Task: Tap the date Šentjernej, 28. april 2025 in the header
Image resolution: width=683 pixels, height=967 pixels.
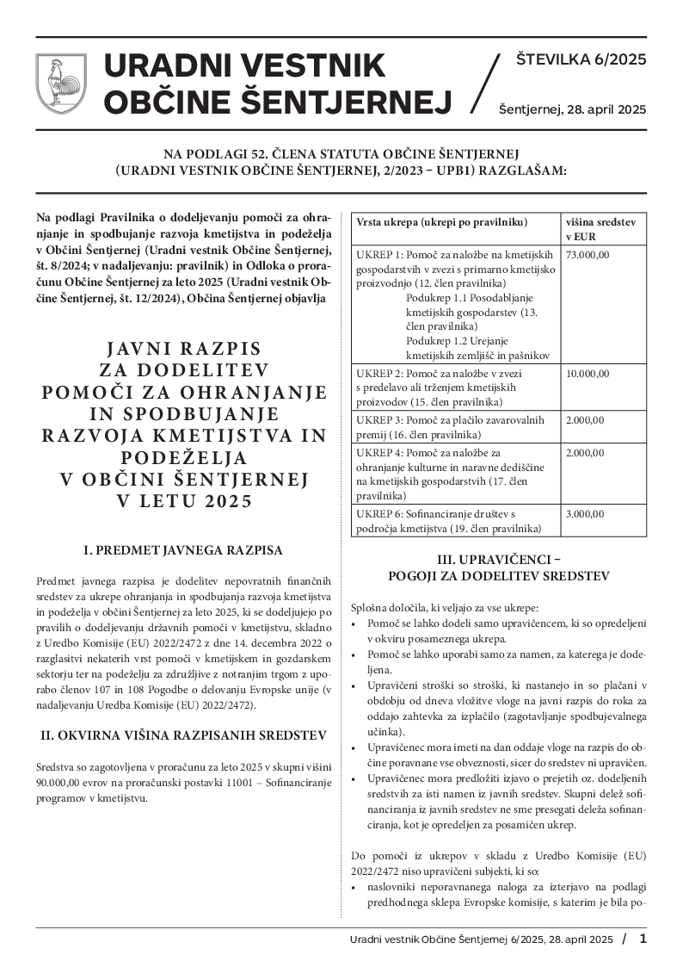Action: coord(572,109)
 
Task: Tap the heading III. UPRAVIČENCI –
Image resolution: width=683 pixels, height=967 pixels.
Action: coord(499,559)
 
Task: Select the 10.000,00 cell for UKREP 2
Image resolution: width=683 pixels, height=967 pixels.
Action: coord(588,374)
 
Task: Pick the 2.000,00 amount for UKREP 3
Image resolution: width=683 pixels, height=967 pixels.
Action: coord(585,420)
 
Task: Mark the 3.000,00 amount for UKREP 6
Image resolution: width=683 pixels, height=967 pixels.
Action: coord(585,514)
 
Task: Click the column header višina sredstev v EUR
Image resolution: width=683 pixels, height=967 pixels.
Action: coord(600,228)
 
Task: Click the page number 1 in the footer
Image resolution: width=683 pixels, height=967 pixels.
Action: coord(643,938)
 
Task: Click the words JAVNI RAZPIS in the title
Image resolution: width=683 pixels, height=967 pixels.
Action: coord(183,348)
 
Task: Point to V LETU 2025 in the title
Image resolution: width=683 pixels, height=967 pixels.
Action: coord(183,501)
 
